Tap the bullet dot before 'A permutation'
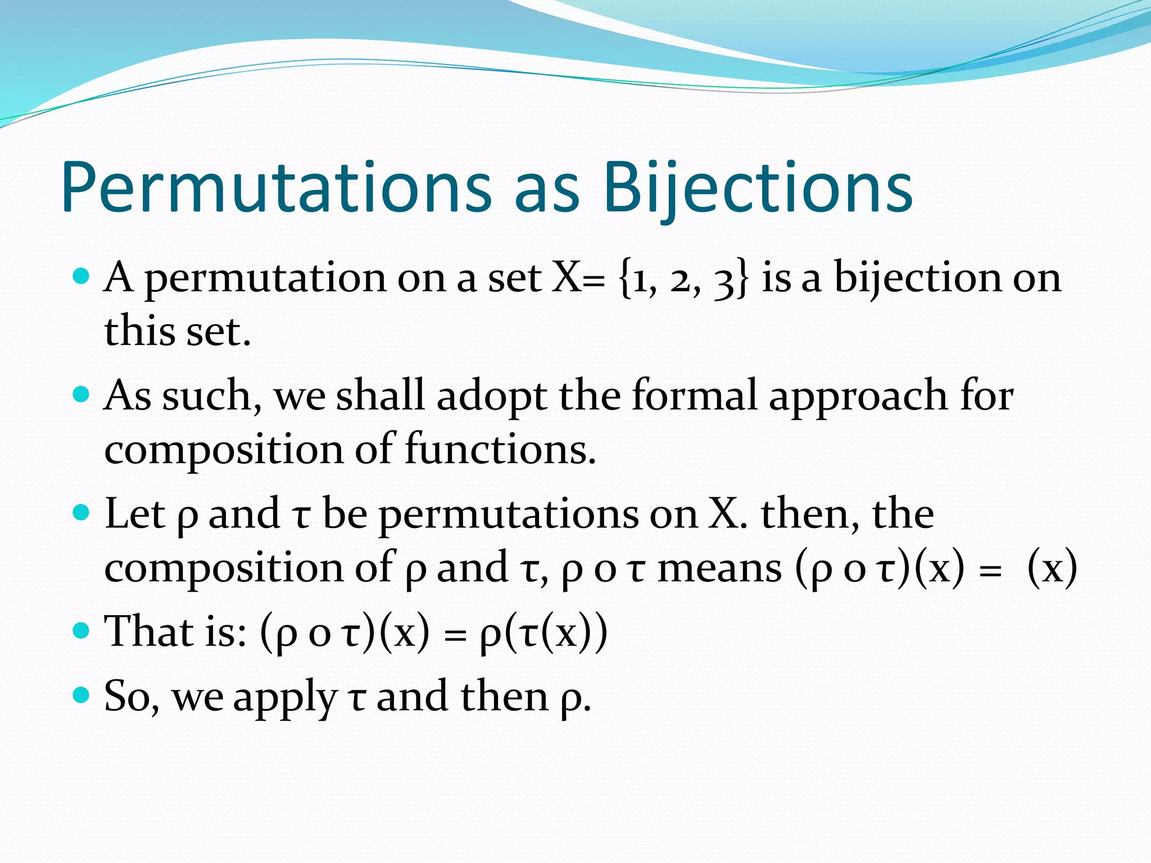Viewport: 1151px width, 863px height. [x=81, y=276]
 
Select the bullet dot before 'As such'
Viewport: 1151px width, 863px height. [x=81, y=394]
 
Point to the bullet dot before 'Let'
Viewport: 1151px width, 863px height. [x=81, y=512]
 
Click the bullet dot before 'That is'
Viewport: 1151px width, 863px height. [x=81, y=630]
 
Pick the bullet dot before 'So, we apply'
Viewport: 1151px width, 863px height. [x=81, y=696]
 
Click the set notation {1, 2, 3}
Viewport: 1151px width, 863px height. [x=683, y=278]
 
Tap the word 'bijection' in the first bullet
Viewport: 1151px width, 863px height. [x=918, y=278]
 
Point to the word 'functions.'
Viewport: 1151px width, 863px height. [x=500, y=449]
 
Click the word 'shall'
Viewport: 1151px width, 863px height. [x=380, y=396]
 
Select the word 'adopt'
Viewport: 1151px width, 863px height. [x=491, y=397]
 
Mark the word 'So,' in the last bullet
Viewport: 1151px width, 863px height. [x=132, y=697]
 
